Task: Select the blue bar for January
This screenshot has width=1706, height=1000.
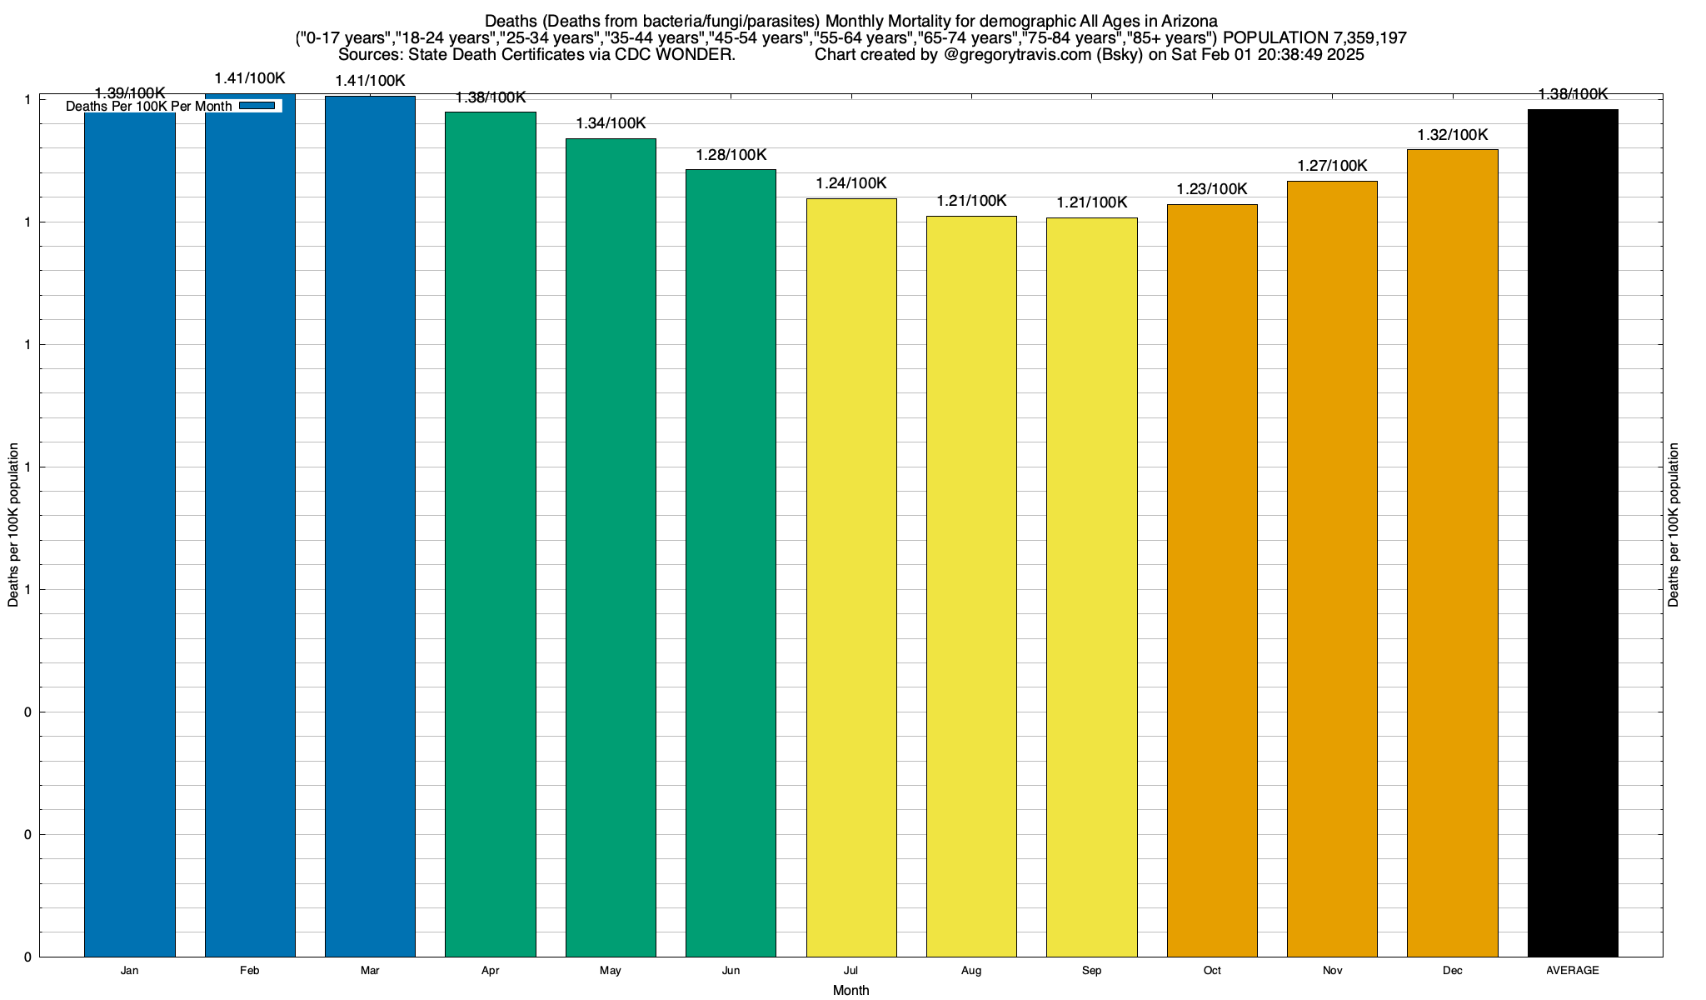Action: (130, 533)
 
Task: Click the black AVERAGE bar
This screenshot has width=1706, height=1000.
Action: (1573, 532)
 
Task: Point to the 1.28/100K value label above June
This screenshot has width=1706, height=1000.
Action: (731, 155)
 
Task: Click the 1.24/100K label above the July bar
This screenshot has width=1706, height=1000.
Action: (851, 183)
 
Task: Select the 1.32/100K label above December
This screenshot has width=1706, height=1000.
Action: (1453, 135)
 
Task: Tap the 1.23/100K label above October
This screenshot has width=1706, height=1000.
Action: (1212, 189)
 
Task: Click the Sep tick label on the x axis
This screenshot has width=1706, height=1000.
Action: (1091, 971)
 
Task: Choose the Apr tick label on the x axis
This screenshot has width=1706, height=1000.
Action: (491, 971)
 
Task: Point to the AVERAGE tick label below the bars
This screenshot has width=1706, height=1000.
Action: (1573, 971)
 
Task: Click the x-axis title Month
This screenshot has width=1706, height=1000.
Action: (851, 990)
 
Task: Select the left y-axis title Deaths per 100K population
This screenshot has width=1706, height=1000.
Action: (13, 525)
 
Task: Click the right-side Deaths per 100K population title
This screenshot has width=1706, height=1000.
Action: (1674, 525)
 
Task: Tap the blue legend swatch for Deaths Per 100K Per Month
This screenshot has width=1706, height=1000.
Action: (257, 106)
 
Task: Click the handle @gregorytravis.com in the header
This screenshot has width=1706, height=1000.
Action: (1017, 55)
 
